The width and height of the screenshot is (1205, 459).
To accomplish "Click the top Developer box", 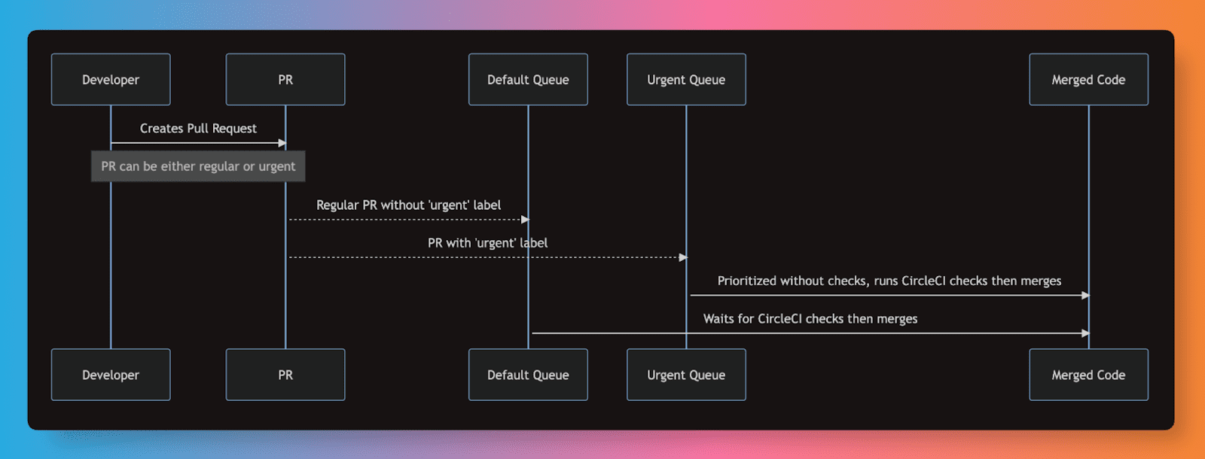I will coord(111,79).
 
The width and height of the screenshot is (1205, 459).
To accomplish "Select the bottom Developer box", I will coord(111,375).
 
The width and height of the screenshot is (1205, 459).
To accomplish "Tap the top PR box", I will coord(285,79).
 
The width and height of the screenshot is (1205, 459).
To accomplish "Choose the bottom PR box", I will coord(285,375).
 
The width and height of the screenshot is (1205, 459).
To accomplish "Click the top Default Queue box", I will coord(528,79).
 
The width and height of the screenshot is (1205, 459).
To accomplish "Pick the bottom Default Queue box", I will coord(528,375).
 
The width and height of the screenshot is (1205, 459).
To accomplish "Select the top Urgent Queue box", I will coord(686,79).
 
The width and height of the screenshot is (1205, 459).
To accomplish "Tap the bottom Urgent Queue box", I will coord(686,375).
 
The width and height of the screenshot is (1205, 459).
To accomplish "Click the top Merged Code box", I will coord(1088,79).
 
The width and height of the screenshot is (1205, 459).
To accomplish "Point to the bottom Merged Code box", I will coord(1088,375).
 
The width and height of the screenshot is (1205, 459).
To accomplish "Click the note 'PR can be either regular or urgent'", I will coord(198,166).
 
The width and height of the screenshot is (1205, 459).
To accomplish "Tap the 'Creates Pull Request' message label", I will coord(198,129).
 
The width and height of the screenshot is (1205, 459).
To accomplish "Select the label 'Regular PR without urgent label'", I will coord(408,205).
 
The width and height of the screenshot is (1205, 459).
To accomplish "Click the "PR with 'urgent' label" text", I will coord(487,243).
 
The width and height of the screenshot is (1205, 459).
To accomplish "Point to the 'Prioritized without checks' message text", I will coord(889,281).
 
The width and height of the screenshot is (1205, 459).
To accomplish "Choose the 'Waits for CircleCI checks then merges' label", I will coord(810,319).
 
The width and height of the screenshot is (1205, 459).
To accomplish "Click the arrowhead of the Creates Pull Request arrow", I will coord(282,143).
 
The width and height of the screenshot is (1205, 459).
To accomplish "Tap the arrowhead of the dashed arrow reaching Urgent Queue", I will coord(683,257).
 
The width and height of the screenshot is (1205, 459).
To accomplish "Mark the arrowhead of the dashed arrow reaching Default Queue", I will coord(525,220).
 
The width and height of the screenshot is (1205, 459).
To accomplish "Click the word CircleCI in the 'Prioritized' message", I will coord(923,281).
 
